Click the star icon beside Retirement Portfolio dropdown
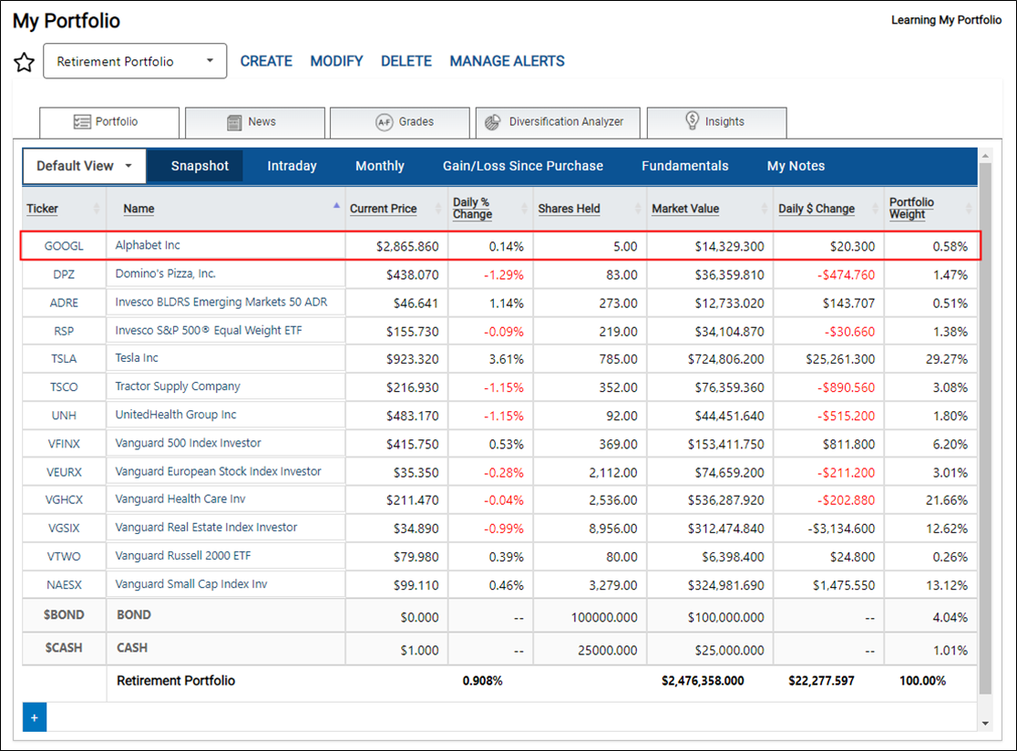(x=24, y=62)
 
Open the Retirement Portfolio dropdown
(x=135, y=61)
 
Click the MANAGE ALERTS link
(x=508, y=61)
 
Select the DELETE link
(x=406, y=61)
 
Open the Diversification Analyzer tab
(x=558, y=122)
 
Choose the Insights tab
(x=716, y=122)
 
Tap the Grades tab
(x=399, y=122)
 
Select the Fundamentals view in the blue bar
(x=685, y=166)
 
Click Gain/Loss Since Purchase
(x=523, y=166)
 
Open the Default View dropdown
(x=85, y=166)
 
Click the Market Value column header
(x=685, y=209)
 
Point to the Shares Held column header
(x=569, y=209)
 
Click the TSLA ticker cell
(x=64, y=358)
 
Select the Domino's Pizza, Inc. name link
(x=165, y=273)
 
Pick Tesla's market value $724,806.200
(x=725, y=359)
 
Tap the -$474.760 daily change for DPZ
(x=846, y=275)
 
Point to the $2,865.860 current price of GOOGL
(x=407, y=246)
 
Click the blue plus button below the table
(x=35, y=717)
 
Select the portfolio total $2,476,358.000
(x=703, y=681)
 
